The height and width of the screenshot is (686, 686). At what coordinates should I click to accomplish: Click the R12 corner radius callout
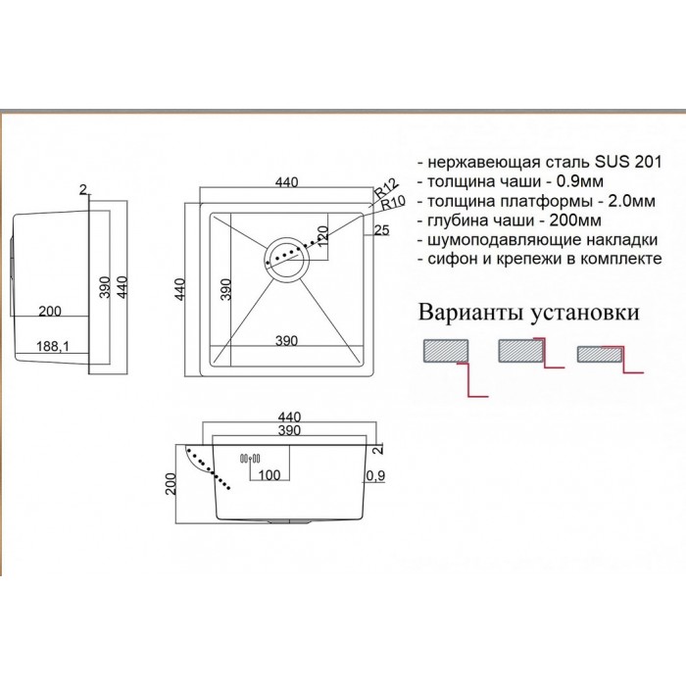click(x=386, y=188)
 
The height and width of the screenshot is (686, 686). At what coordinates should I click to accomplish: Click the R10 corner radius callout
click(x=393, y=203)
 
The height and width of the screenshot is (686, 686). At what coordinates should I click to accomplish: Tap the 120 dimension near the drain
click(x=322, y=236)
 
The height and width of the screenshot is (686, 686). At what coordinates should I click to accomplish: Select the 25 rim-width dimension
click(x=381, y=230)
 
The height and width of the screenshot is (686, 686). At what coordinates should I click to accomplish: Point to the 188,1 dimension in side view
click(x=53, y=347)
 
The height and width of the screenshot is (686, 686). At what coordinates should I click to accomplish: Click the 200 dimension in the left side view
click(x=50, y=311)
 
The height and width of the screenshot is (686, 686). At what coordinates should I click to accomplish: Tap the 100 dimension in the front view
click(x=269, y=474)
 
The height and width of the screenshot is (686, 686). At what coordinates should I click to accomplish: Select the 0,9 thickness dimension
click(x=375, y=475)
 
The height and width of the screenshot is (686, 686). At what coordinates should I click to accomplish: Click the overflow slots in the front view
click(x=250, y=459)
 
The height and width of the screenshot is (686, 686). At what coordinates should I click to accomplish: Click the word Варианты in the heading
click(x=471, y=313)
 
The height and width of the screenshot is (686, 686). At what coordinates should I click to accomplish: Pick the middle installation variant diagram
click(x=531, y=353)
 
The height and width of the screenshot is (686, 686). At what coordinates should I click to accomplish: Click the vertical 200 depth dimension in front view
click(x=171, y=484)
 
